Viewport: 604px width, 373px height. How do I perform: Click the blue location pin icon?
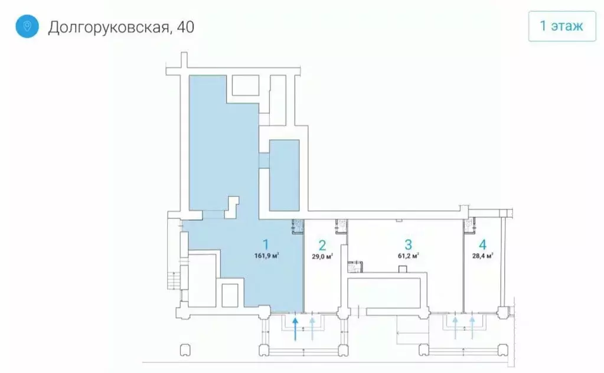pyautogui.click(x=27, y=27)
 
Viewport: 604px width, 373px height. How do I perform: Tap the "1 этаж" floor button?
pyautogui.click(x=561, y=26)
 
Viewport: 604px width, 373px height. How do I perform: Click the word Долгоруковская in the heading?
pyautogui.click(x=107, y=27)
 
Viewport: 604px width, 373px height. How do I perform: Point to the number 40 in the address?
pyautogui.click(x=185, y=27)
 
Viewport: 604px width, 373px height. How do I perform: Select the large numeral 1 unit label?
pyautogui.click(x=266, y=244)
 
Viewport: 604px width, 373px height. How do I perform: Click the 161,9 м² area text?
pyautogui.click(x=266, y=256)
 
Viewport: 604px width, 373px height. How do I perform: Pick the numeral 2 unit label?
pyautogui.click(x=322, y=245)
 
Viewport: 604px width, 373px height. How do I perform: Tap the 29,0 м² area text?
pyautogui.click(x=322, y=256)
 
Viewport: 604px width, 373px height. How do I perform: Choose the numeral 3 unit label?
pyautogui.click(x=407, y=244)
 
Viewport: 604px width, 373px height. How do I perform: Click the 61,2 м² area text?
pyautogui.click(x=407, y=256)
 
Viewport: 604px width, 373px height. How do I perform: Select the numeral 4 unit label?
pyautogui.click(x=482, y=244)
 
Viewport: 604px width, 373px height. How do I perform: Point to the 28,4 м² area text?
pyautogui.click(x=482, y=256)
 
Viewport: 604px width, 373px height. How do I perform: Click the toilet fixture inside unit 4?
pyautogui.click(x=470, y=224)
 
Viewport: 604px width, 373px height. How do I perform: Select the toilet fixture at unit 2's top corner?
pyautogui.click(x=341, y=224)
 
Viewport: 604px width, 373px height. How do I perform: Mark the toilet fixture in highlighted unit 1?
pyautogui.click(x=298, y=224)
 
